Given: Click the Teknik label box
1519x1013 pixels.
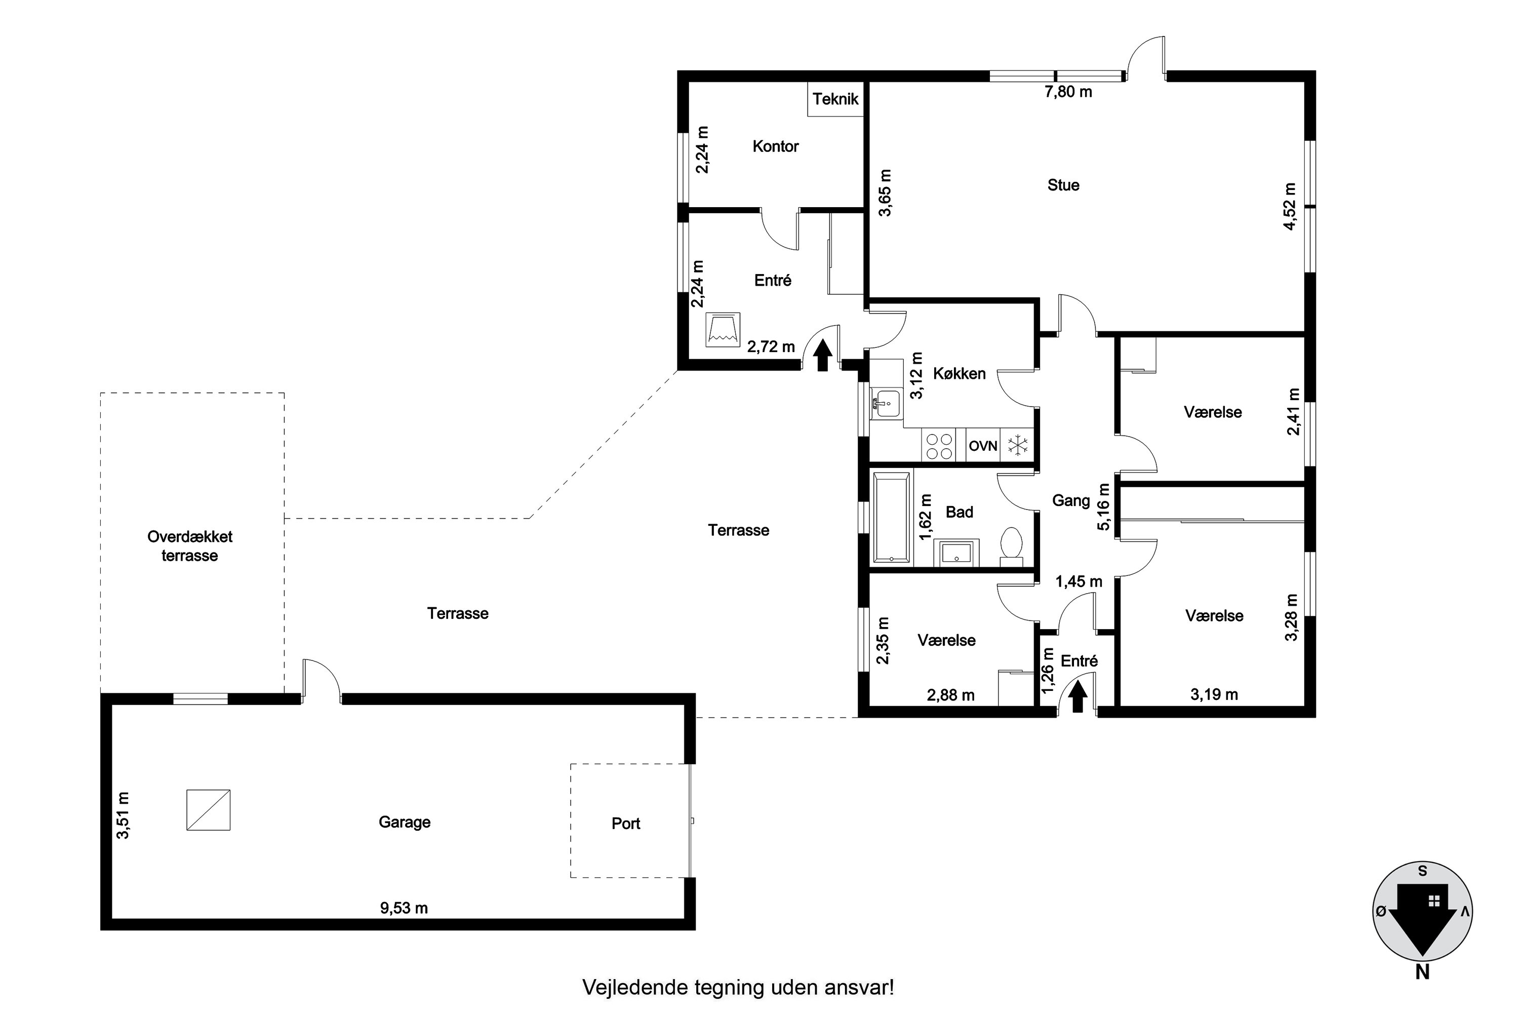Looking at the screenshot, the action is tap(836, 99).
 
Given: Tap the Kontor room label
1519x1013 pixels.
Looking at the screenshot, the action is tap(776, 147).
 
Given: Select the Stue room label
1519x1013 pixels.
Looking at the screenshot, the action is tap(1063, 185).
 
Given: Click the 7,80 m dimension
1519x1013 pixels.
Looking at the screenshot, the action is tap(1068, 92).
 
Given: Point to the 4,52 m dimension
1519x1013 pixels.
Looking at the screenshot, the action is tap(1290, 207).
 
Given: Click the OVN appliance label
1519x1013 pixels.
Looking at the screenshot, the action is tap(983, 446).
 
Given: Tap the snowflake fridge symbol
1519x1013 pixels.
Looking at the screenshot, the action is tap(1018, 445).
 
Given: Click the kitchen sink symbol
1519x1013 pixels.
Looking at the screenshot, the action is tap(885, 404).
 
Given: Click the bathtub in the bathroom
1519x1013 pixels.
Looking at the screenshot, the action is tap(891, 518).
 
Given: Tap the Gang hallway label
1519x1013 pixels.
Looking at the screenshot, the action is tap(1071, 501).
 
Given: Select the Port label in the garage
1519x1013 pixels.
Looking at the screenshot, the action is tap(626, 824).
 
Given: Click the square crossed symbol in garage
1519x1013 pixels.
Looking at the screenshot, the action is tap(209, 810).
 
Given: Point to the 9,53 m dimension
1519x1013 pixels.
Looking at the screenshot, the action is tap(404, 908).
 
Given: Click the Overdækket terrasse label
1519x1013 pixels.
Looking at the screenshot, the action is tap(190, 546).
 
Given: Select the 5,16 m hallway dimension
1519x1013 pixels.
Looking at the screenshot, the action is tap(1104, 507).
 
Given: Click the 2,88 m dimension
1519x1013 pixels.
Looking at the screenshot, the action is tap(951, 695).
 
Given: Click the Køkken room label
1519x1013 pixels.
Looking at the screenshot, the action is tap(960, 373).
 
